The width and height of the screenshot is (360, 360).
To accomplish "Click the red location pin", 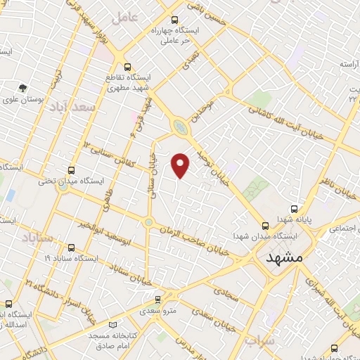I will pos(181,165).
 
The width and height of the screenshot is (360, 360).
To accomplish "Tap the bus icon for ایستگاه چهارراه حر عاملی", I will pos(174,20).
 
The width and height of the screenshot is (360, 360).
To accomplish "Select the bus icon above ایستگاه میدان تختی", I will pos(71,170).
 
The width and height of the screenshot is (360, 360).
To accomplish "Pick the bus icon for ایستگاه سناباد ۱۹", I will pos(71,247).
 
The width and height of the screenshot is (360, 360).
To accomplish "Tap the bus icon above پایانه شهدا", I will pos(294,209).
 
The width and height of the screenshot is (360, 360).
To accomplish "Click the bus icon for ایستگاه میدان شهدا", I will pos(265,226).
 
